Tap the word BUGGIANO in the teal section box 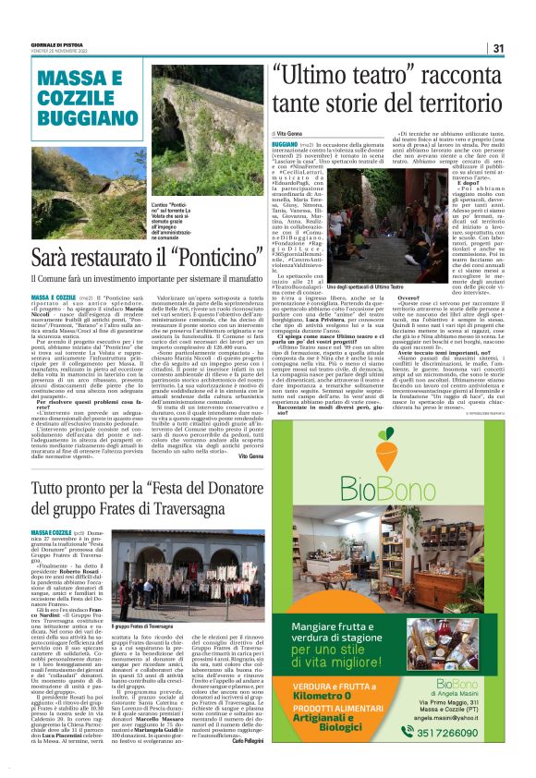coord(75,121)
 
